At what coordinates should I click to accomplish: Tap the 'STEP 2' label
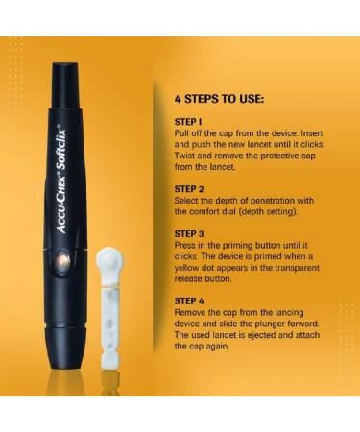pos(190,189)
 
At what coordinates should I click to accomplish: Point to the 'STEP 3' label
pos(190,233)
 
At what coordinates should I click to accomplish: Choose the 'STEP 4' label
pos(190,300)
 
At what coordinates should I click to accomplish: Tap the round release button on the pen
pos(63,261)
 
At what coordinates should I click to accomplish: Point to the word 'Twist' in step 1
pos(186,156)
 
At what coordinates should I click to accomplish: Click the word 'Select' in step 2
pos(189,201)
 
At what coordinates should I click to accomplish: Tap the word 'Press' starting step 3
pos(187,245)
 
